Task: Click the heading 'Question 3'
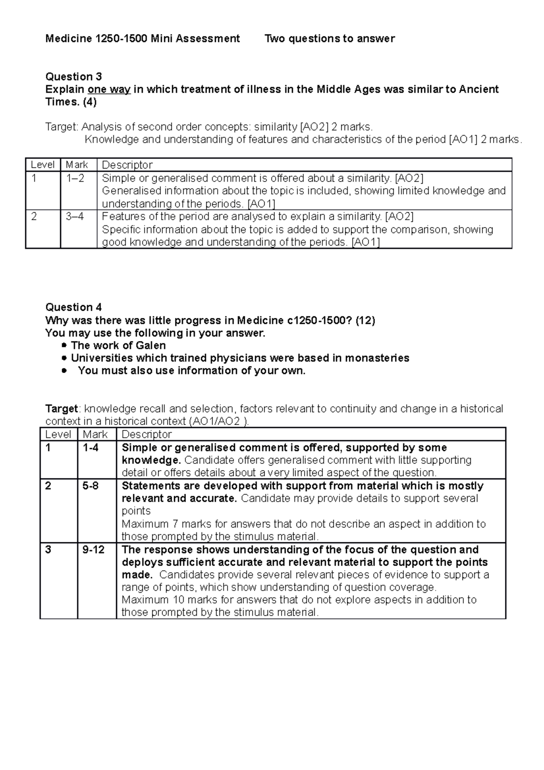pos(73,76)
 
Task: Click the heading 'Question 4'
pos(73,307)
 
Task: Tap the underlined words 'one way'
pos(109,89)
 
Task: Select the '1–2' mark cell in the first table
pos(75,178)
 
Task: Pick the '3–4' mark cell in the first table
pos(75,216)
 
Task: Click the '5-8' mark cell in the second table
pos(90,486)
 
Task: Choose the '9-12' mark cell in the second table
pos(93,550)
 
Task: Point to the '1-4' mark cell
pos(90,448)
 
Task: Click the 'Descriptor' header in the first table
pos(127,165)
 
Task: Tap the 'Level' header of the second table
pos(58,434)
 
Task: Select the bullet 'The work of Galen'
pos(118,346)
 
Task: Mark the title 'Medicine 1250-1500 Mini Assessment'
pos(142,39)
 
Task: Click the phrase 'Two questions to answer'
pos(330,39)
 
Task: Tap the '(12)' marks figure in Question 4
pos(365,321)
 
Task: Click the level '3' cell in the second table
pos(49,550)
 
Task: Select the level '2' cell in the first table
pos(34,216)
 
